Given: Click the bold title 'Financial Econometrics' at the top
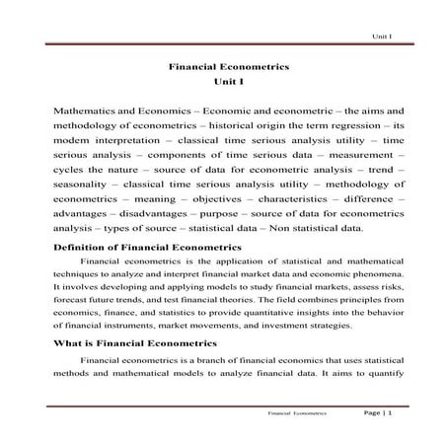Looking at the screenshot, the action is point(223,69).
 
